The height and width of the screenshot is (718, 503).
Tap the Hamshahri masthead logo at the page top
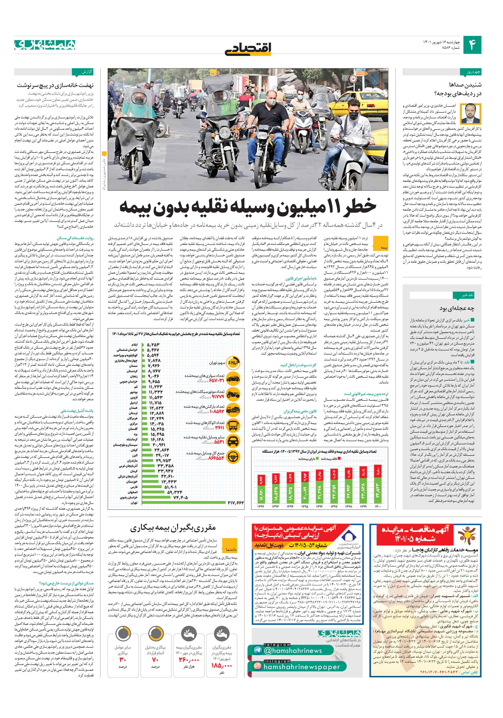(45, 45)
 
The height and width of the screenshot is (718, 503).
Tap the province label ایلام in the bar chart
(134, 344)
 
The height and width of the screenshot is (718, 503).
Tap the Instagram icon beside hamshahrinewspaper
(257, 666)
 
